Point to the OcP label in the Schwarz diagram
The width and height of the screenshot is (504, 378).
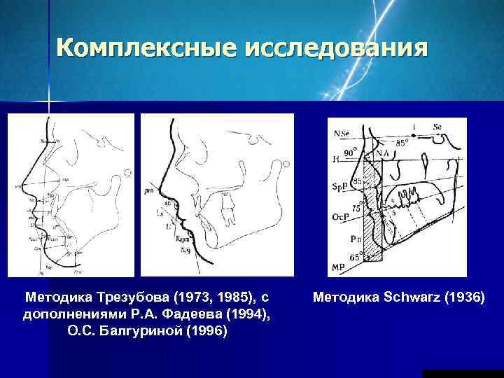(x=340, y=217)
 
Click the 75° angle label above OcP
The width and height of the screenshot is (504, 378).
(x=357, y=208)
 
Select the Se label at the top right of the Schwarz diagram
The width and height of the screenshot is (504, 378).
(x=437, y=126)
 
